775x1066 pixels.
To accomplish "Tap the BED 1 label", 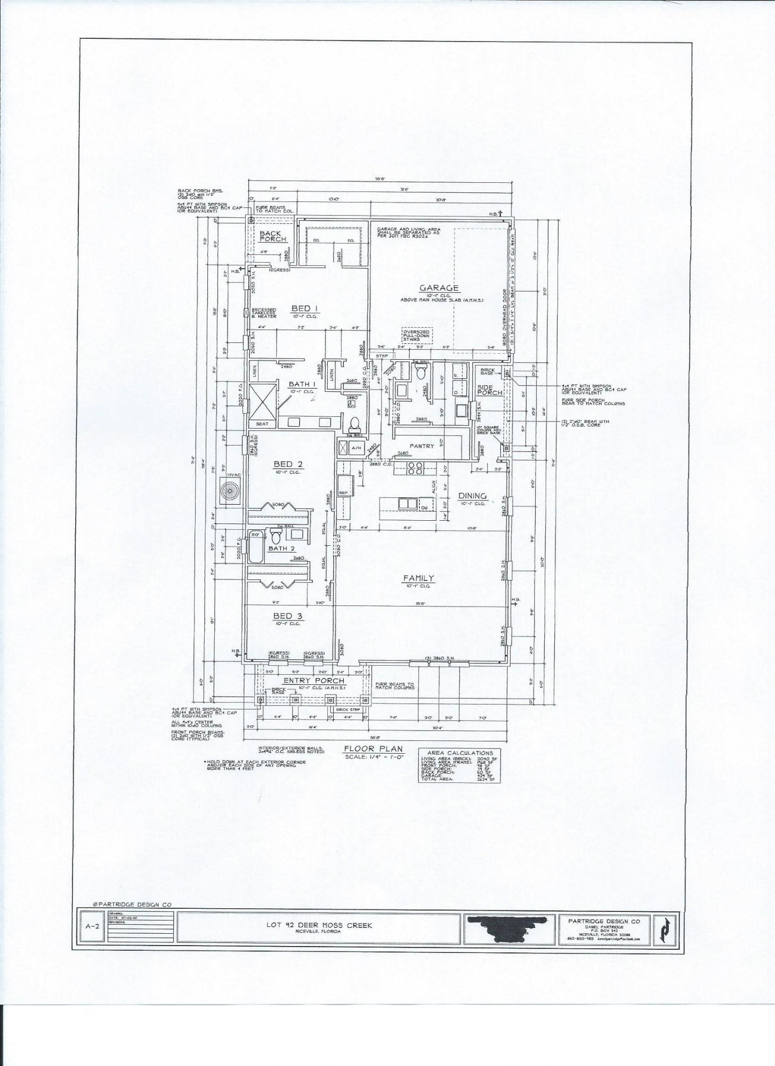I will pyautogui.click(x=304, y=308).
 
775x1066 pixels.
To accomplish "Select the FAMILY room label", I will pyautogui.click(x=418, y=578).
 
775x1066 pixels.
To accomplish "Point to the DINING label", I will pyautogui.click(x=472, y=496).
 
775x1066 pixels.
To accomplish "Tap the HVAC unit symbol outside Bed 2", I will pyautogui.click(x=231, y=489).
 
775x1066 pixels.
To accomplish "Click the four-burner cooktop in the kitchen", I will pyautogui.click(x=415, y=469).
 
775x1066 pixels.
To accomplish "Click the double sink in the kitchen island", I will pyautogui.click(x=408, y=504).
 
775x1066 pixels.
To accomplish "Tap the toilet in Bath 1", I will pyautogui.click(x=354, y=425).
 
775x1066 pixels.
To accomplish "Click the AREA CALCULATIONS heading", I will pyautogui.click(x=459, y=753).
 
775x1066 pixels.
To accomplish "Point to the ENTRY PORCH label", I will pyautogui.click(x=314, y=681).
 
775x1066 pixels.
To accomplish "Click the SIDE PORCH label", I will pyautogui.click(x=490, y=390).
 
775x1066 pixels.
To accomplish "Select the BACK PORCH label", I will pyautogui.click(x=273, y=236).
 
